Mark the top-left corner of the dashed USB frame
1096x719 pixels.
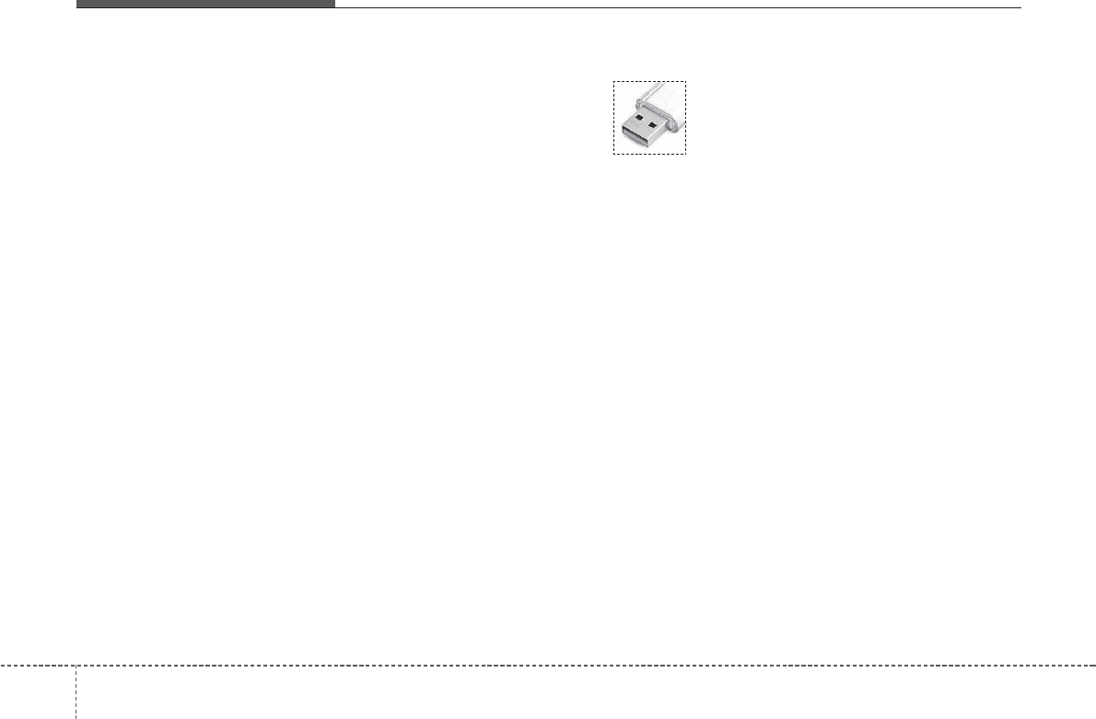[614, 80]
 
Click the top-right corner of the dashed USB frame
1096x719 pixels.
[686, 80]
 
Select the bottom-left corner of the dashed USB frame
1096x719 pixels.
[614, 154]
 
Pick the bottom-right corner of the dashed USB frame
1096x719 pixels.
[686, 154]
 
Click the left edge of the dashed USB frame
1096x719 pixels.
[614, 117]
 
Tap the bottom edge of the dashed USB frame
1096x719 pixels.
[650, 154]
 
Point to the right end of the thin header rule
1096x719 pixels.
[1021, 8]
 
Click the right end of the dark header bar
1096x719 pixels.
[332, 4]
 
